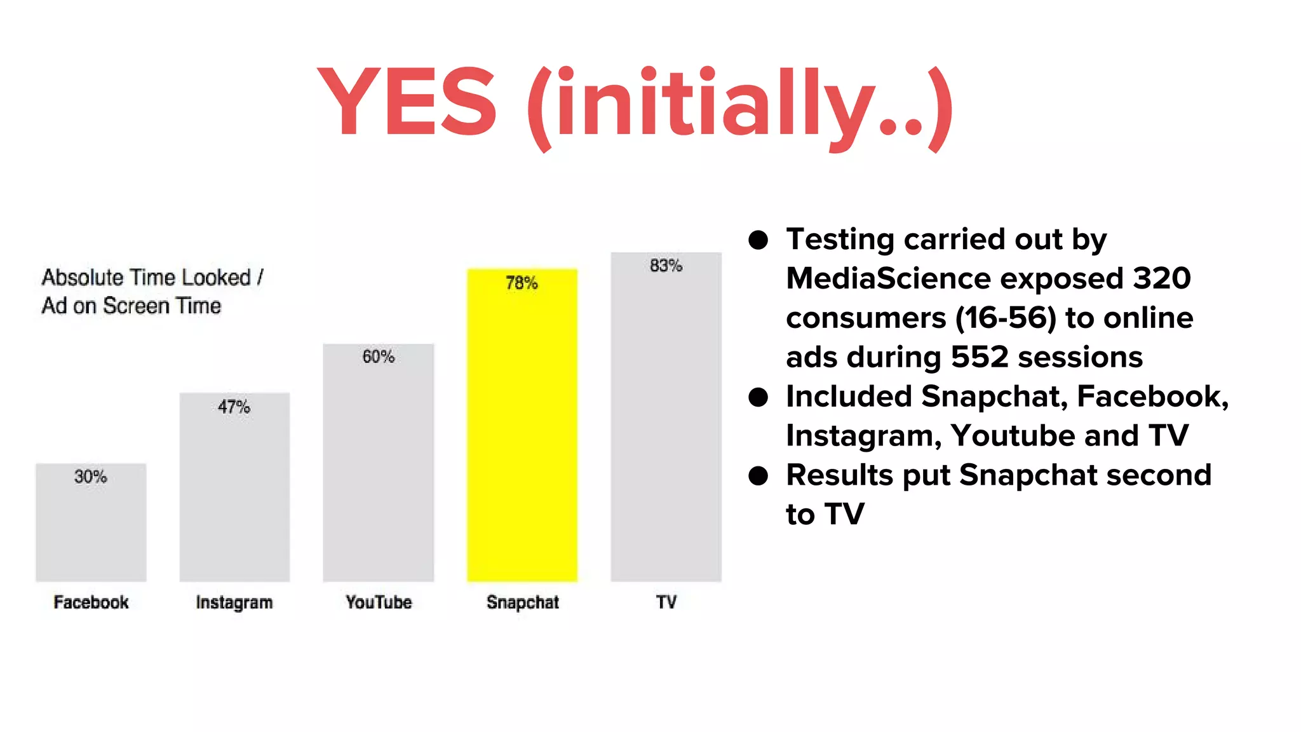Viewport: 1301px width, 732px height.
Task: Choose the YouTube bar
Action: point(378,470)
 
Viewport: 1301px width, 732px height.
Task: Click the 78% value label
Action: point(522,283)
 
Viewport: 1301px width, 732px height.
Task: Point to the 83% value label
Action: point(666,266)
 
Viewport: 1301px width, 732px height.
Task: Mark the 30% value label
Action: point(90,477)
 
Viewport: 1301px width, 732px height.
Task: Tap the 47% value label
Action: point(234,407)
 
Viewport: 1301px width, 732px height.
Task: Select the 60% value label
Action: point(378,356)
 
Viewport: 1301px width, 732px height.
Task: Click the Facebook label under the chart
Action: point(91,602)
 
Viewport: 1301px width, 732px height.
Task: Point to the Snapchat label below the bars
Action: point(522,602)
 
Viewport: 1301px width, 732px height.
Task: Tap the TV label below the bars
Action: point(666,602)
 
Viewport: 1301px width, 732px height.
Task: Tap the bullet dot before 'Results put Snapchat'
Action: point(758,475)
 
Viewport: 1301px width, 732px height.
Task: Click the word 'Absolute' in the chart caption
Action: point(83,278)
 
